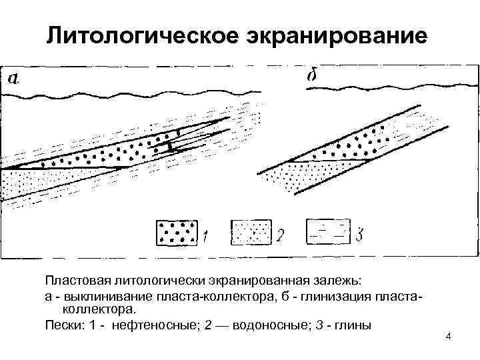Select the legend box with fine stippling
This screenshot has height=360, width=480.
coord(250,233)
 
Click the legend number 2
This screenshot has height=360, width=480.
coord(280,235)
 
